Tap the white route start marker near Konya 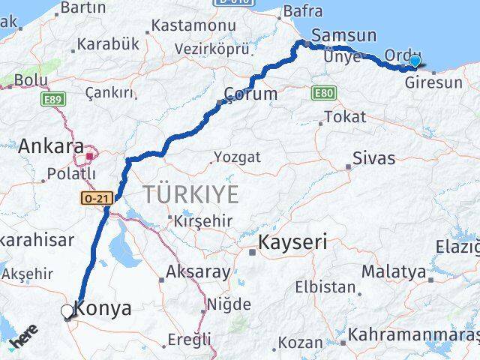pos(67,310)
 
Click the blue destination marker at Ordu pos(415,62)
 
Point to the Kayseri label pos(293,242)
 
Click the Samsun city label pos(343,34)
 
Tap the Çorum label pos(252,94)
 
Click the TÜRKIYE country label pos(191,194)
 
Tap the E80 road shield pos(322,91)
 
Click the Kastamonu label pos(193,25)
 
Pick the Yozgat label pos(237,157)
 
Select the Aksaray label pos(199,272)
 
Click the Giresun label pos(433,82)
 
